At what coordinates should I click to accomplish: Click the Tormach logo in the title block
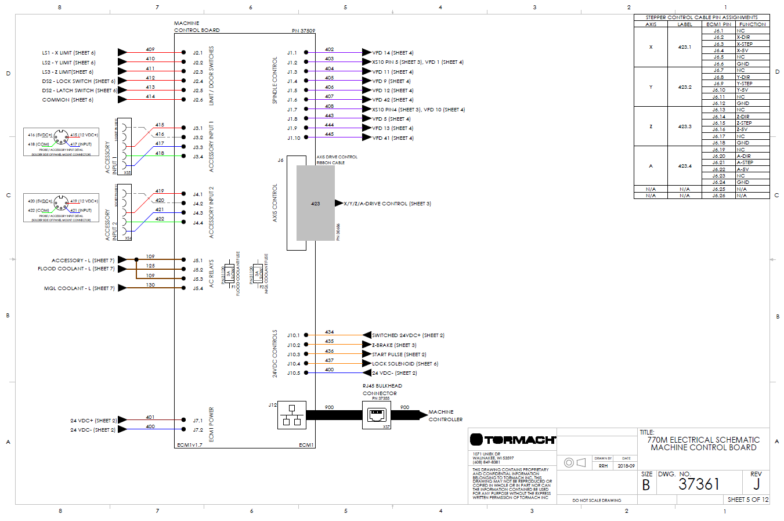[x=512, y=440]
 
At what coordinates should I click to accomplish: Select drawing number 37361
[x=699, y=484]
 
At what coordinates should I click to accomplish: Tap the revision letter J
[x=756, y=484]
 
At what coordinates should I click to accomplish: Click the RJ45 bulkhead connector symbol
[x=377, y=415]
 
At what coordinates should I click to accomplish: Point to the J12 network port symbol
[x=292, y=415]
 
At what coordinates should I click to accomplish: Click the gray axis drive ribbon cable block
[x=315, y=203]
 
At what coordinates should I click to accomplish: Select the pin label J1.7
[x=292, y=110]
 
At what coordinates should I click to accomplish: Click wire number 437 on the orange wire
[x=329, y=360]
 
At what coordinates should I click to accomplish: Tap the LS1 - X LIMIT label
[x=68, y=53]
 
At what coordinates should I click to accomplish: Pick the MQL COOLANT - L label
[x=79, y=288]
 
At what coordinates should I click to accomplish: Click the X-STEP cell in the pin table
[x=744, y=44]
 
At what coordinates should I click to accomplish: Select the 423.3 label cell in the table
[x=685, y=126]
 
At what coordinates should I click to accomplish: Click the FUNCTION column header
[x=752, y=24]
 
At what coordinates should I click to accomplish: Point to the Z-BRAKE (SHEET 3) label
[x=394, y=345]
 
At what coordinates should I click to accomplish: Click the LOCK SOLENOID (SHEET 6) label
[x=405, y=364]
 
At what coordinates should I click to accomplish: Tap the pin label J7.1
[x=198, y=421]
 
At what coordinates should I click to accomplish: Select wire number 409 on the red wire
[x=150, y=49]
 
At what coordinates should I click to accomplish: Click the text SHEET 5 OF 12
[x=747, y=500]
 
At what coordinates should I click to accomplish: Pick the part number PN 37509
[x=303, y=31]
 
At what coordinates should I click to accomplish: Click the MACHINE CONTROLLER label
[x=445, y=415]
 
